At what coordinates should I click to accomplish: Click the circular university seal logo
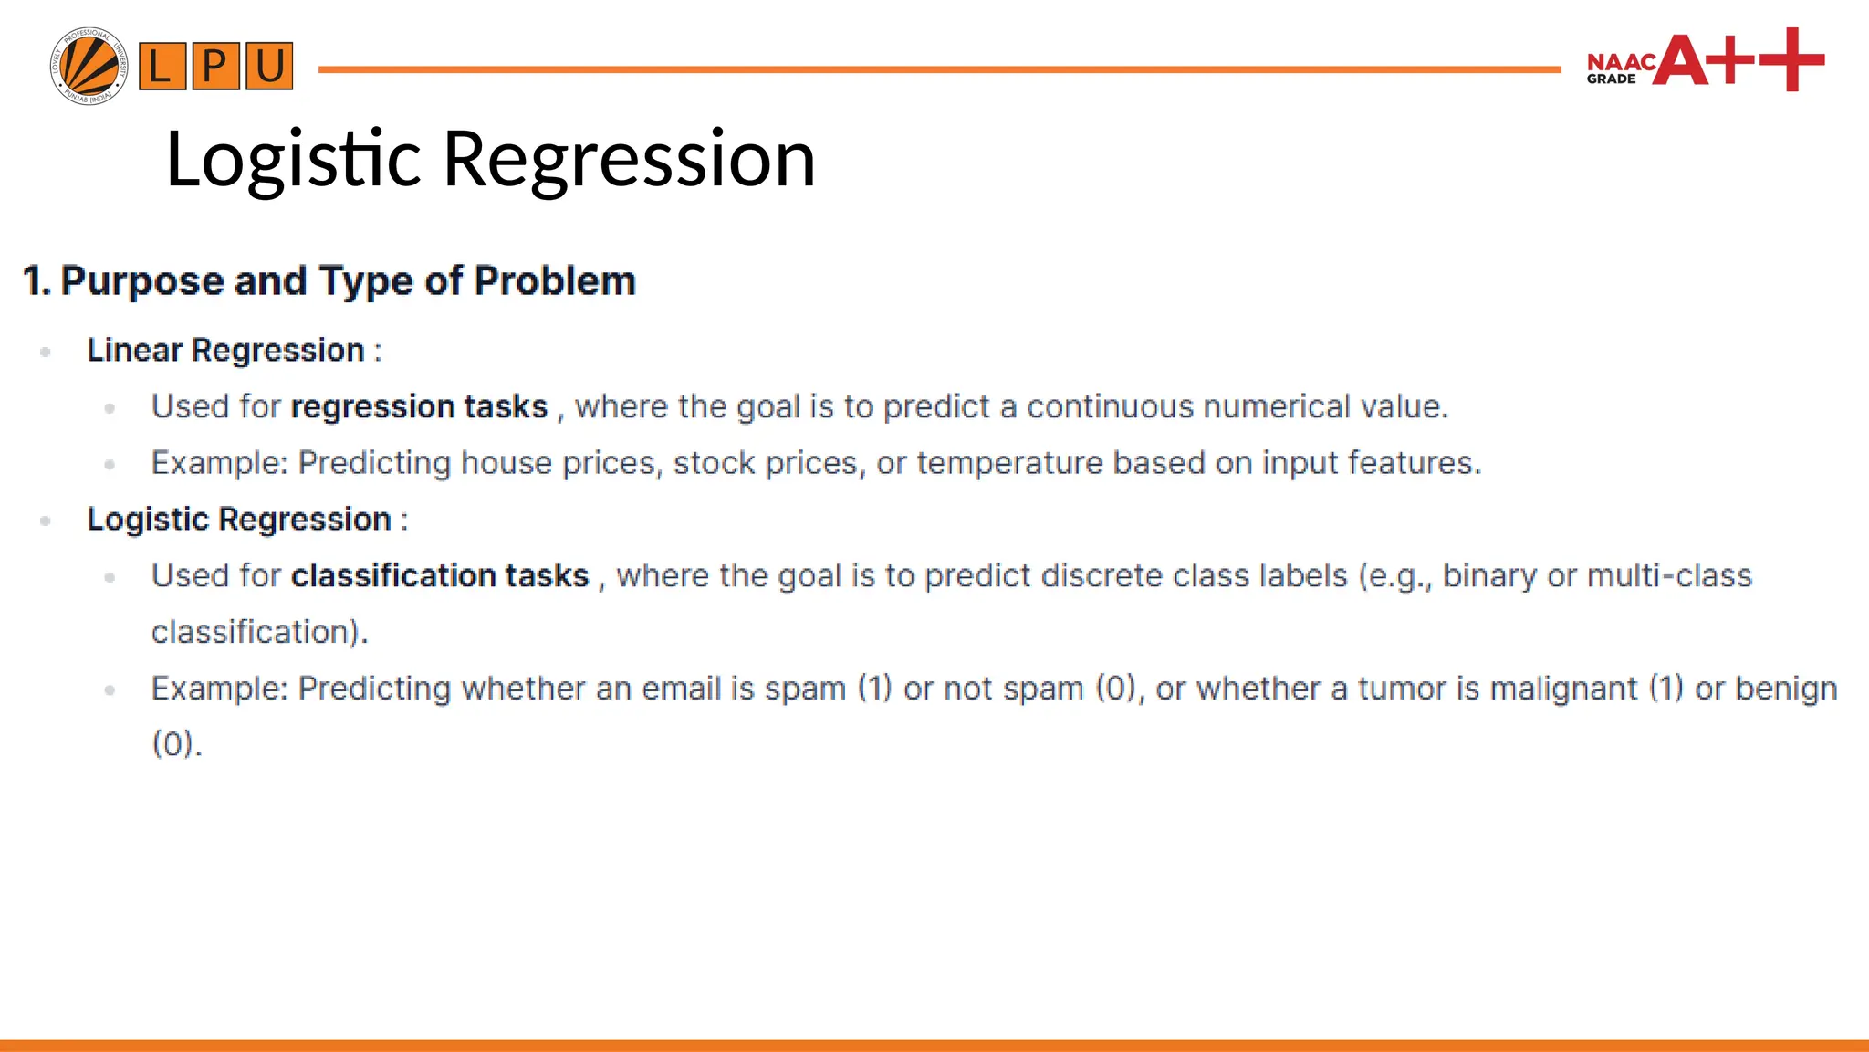tap(89, 66)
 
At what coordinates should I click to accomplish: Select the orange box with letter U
tap(269, 66)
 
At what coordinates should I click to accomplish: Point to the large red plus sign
tap(1791, 59)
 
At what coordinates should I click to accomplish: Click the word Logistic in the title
tap(292, 160)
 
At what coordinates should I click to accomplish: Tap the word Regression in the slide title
tap(629, 160)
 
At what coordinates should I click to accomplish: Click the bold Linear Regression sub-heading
tap(225, 350)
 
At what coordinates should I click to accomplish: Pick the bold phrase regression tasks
tap(419, 406)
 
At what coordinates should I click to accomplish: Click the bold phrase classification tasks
tap(440, 575)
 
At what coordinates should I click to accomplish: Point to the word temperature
tap(1009, 463)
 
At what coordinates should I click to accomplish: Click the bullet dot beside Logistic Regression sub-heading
tap(46, 521)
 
